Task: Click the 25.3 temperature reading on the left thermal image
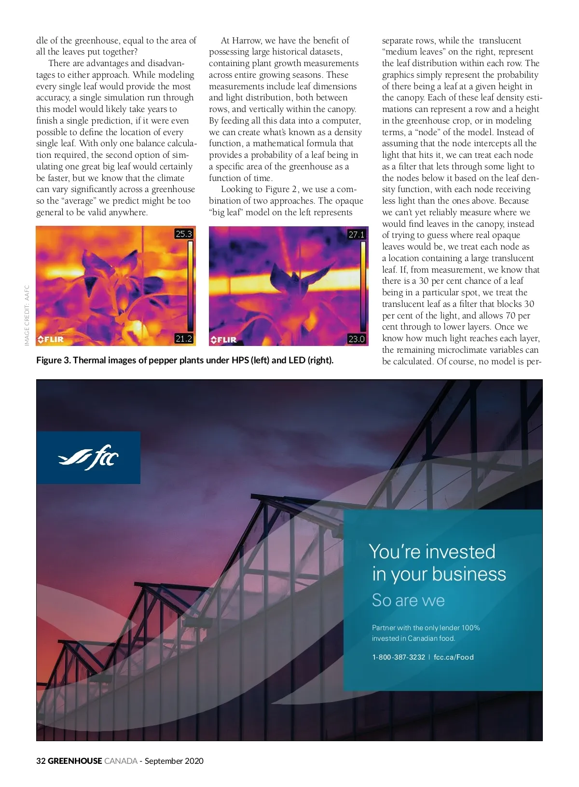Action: (183, 234)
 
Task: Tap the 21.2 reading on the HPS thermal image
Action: (183, 339)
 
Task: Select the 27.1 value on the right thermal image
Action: (357, 235)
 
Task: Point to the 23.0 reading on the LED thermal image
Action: (357, 339)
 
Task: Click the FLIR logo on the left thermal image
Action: (51, 339)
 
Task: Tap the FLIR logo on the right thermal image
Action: (224, 340)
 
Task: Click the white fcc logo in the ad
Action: (88, 457)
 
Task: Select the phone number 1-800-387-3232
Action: (399, 657)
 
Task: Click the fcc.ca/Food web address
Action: (454, 657)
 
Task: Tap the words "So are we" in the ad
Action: (408, 600)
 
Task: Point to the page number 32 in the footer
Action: (41, 761)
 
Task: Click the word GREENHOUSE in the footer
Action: (75, 761)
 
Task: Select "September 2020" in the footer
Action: (174, 761)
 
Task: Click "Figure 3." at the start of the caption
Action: (53, 360)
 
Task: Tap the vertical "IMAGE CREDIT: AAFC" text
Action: (27, 315)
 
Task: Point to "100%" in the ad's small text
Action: (470, 628)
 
